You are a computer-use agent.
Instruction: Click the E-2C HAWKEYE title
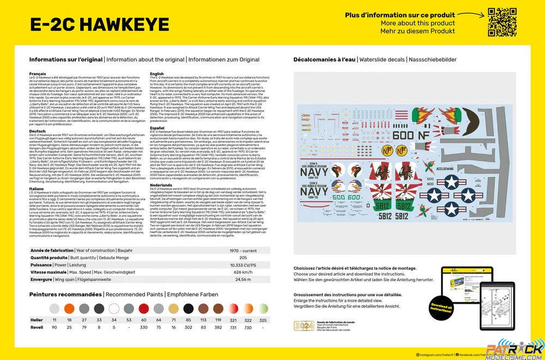pyautogui.click(x=99, y=25)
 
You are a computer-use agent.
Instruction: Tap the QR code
pyautogui.click(x=502, y=22)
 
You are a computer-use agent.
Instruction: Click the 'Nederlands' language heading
pyautogui.click(x=161, y=185)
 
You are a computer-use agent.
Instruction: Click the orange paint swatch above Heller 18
pyautogui.click(x=69, y=308)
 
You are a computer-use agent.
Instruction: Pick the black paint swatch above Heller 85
pyautogui.click(x=188, y=308)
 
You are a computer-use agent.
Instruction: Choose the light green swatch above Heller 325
pyautogui.click(x=263, y=308)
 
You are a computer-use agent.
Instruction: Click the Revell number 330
pyautogui.click(x=143, y=327)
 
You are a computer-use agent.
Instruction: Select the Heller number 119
pyautogui.click(x=218, y=320)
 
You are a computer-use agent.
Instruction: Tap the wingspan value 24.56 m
pyautogui.click(x=243, y=279)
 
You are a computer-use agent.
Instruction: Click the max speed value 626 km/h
pyautogui.click(x=243, y=272)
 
